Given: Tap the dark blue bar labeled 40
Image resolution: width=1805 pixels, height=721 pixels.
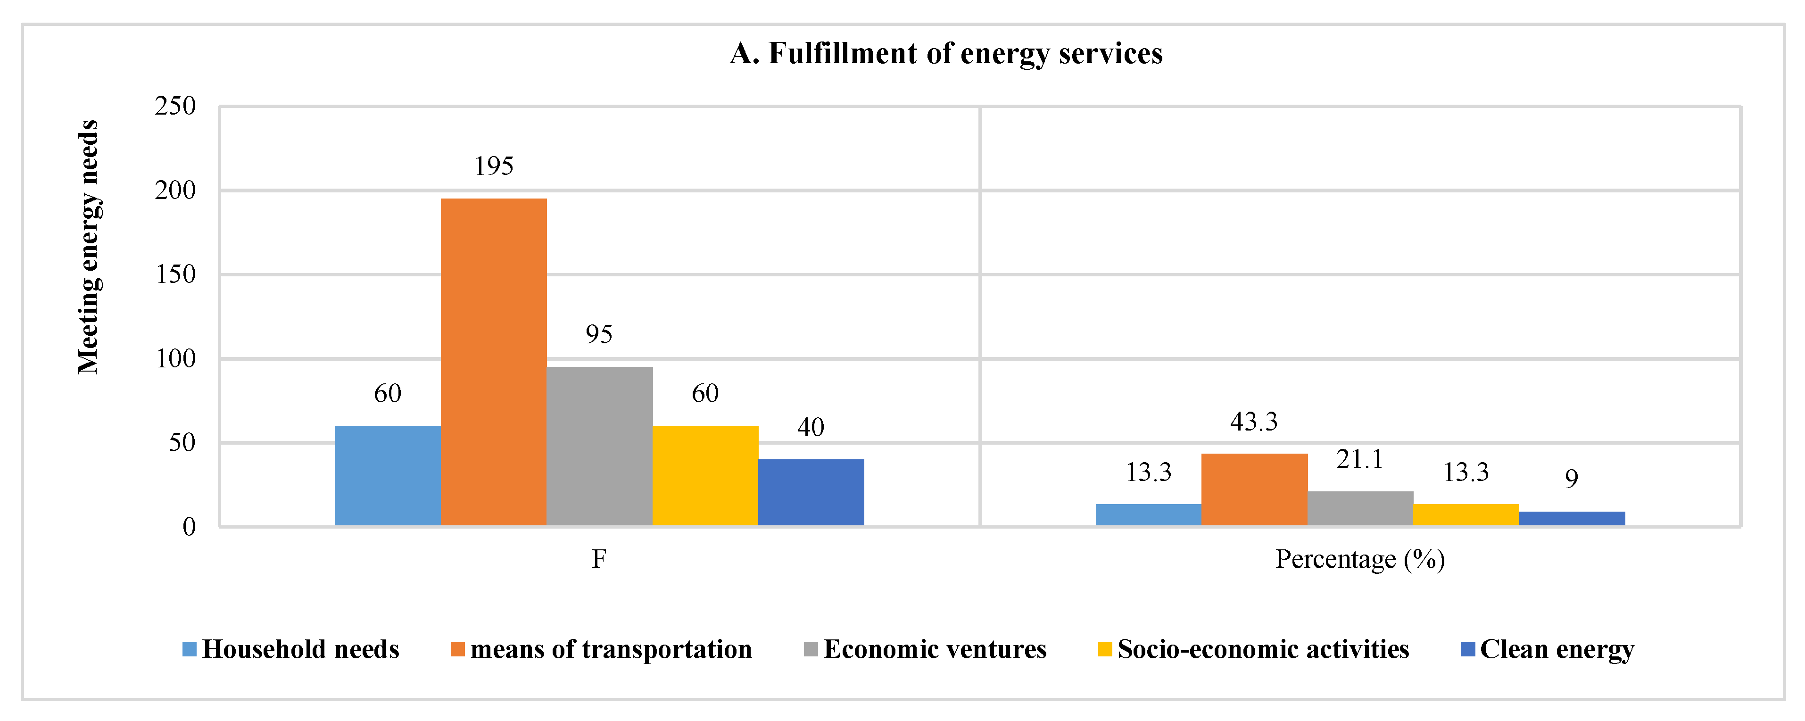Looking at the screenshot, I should (x=811, y=492).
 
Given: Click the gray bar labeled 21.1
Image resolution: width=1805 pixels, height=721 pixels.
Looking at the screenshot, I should (x=1359, y=508).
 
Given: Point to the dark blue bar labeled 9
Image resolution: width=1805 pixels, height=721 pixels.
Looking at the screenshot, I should (x=1571, y=518).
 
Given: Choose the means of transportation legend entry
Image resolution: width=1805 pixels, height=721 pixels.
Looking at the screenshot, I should (x=601, y=649).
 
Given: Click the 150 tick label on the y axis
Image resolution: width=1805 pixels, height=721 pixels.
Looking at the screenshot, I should (x=175, y=274).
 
